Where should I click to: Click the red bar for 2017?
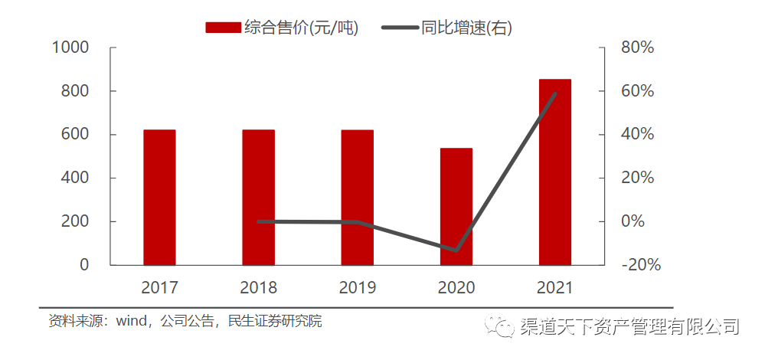pyautogui.click(x=159, y=198)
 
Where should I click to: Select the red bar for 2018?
pyautogui.click(x=258, y=198)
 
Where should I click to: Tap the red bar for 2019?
pyautogui.click(x=357, y=198)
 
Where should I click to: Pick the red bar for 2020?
pyautogui.click(x=456, y=207)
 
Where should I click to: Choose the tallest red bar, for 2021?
pyautogui.click(x=554, y=172)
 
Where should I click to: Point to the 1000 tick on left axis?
pyautogui.click(x=70, y=47)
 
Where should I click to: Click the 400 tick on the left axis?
pyautogui.click(x=75, y=178)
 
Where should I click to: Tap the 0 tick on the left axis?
pyautogui.click(x=83, y=265)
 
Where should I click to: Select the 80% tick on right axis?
pyautogui.click(x=637, y=47)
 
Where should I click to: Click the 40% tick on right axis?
pyautogui.click(x=637, y=135)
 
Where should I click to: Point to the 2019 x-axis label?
pyautogui.click(x=357, y=288)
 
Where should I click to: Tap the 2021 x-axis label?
pyautogui.click(x=554, y=288)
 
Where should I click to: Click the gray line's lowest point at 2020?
pyautogui.click(x=456, y=250)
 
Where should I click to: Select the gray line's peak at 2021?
pyautogui.click(x=554, y=93)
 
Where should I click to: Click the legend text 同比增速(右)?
pyautogui.click(x=466, y=28)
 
